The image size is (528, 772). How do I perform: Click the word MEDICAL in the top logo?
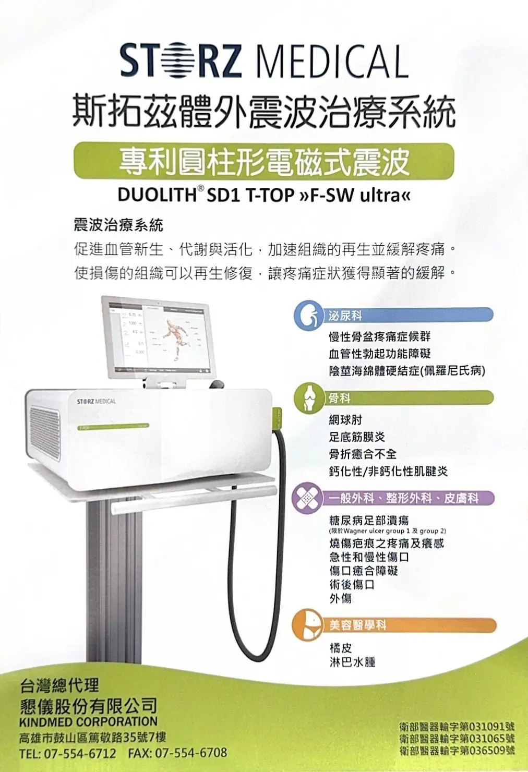332,62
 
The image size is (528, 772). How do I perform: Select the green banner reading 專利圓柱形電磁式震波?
263,161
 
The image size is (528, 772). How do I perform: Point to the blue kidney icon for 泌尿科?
308,315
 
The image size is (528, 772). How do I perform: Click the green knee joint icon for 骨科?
308,398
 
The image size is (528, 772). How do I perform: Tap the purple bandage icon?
307,498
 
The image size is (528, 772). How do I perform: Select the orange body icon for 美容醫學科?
308,624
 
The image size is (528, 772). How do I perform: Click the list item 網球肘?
345,420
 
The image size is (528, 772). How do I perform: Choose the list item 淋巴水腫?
352,662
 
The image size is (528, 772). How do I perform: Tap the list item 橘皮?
341,648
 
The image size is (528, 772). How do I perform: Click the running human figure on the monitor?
176,336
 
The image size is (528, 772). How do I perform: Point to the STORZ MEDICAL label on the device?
97,402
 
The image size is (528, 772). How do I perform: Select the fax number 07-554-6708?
191,753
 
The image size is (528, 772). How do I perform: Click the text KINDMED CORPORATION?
88,722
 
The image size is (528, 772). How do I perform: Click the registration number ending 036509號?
457,751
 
